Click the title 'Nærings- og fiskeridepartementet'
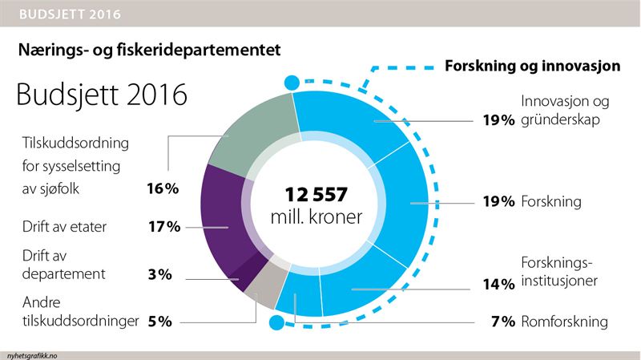[149, 50]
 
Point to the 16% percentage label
[163, 189]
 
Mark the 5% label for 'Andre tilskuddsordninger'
[159, 322]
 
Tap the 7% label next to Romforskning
[502, 322]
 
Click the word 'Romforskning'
[564, 322]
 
